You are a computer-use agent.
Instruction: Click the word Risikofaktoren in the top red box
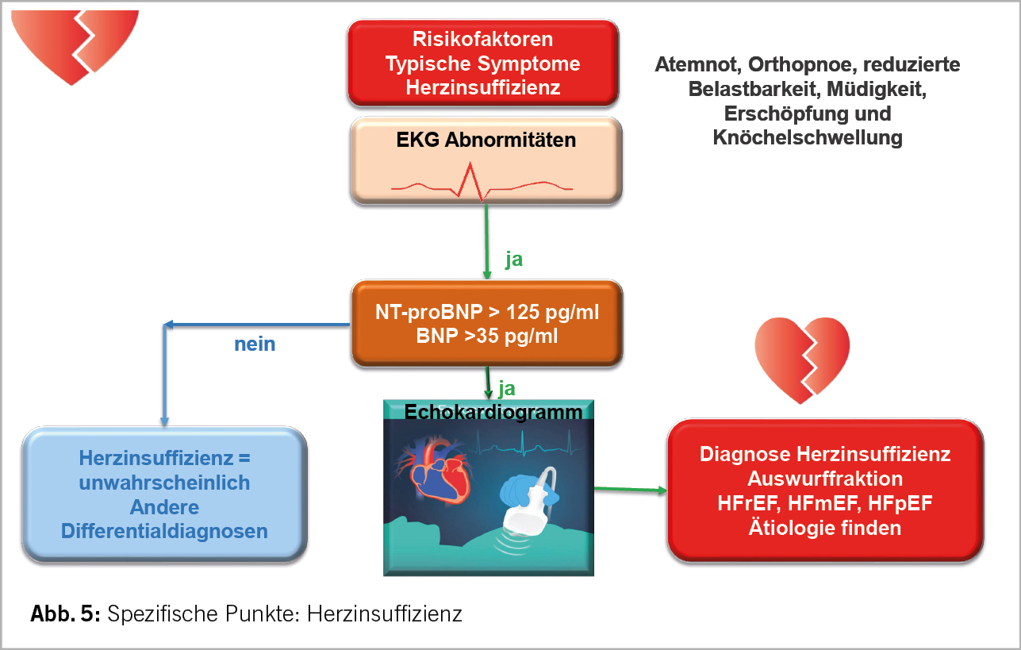tap(482, 39)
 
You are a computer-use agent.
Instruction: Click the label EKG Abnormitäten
tap(486, 140)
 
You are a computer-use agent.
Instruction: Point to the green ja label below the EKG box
tap(514, 260)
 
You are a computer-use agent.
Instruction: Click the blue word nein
tap(255, 344)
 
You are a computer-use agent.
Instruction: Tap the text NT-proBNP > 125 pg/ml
tap(486, 312)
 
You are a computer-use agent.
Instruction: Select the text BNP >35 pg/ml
tap(486, 337)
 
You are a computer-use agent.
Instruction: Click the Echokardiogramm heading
tap(493, 412)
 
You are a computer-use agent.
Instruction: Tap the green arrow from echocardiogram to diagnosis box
tap(630, 490)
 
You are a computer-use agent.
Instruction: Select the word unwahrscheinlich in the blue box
tap(164, 483)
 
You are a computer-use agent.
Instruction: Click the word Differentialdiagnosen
tap(164, 531)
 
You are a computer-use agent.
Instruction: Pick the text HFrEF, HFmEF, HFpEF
tap(825, 503)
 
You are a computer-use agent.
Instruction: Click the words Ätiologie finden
tap(825, 527)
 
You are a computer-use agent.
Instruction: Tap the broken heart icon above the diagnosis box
tap(802, 358)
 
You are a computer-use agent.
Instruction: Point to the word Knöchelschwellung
tap(808, 137)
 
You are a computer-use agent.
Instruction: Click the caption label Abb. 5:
tap(65, 613)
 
